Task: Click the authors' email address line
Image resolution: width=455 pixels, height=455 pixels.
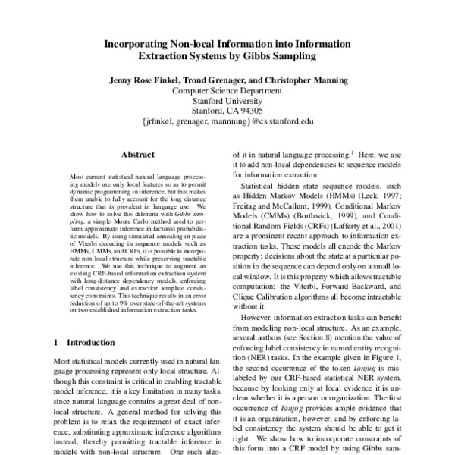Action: point(227,120)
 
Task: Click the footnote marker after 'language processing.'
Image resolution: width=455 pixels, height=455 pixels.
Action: point(351,149)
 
